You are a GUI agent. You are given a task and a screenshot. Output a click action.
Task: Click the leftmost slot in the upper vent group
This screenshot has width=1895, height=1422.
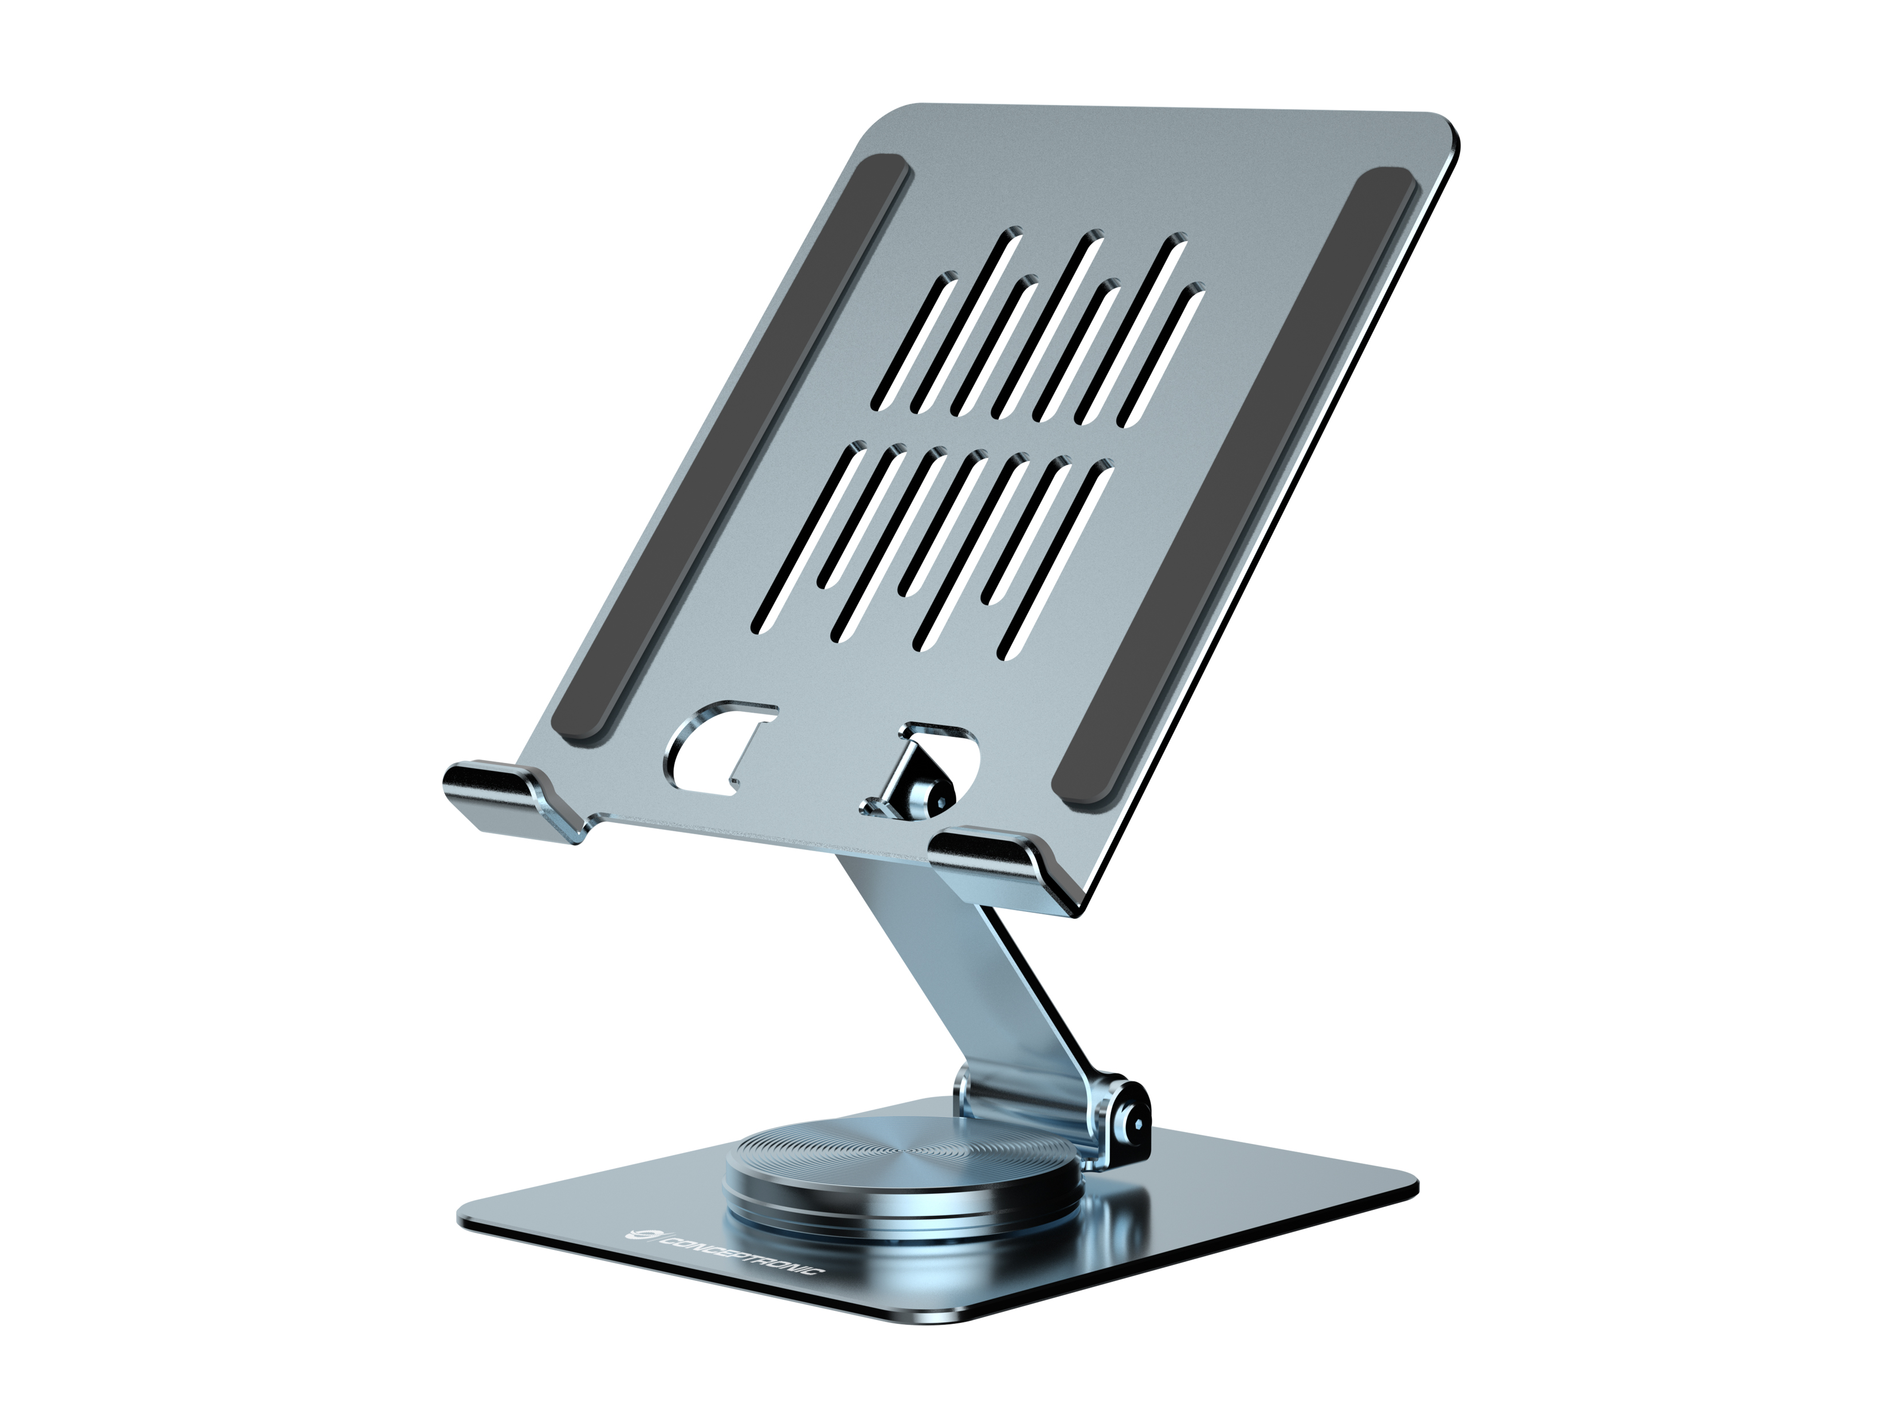point(912,343)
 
